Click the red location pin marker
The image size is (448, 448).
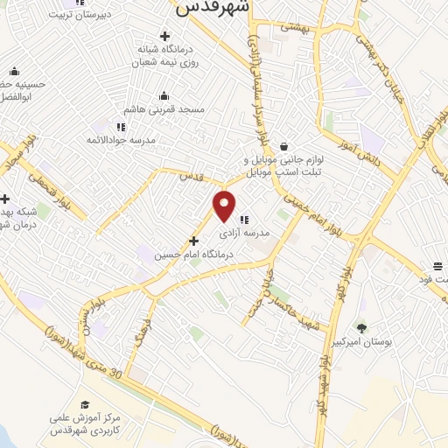225,206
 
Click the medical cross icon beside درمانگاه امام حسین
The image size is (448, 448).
193,240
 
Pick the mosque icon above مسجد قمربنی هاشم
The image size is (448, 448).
164,96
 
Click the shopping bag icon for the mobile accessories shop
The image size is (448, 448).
283,147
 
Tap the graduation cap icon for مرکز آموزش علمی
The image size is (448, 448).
85,404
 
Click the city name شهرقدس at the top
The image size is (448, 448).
213,8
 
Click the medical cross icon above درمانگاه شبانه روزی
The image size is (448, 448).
164,36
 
